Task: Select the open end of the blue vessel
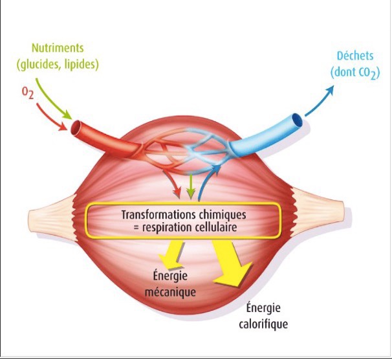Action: [x=297, y=121]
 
